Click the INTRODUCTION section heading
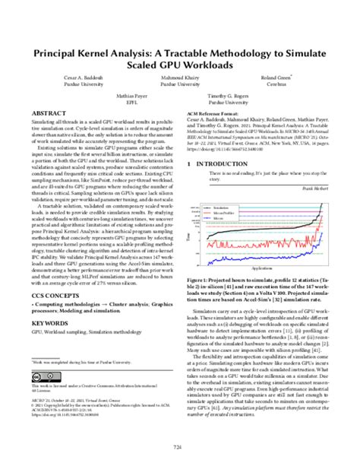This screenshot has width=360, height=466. coord(226,163)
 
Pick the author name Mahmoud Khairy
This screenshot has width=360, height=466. coord(180,78)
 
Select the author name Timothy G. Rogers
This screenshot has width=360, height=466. coord(232,97)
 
